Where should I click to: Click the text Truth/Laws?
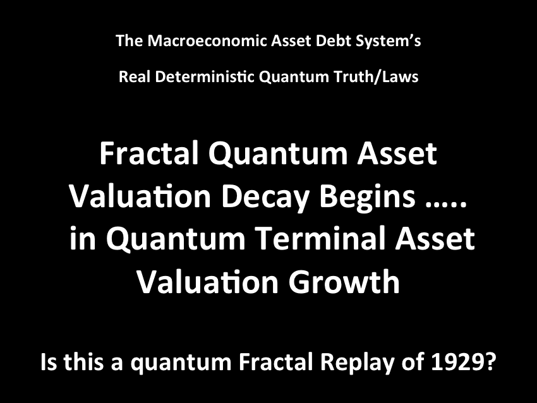(x=376, y=76)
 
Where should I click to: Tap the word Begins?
(x=367, y=197)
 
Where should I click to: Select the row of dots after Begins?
(x=446, y=204)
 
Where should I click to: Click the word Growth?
(x=344, y=282)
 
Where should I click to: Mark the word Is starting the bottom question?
(x=49, y=362)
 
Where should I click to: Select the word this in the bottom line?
(x=83, y=362)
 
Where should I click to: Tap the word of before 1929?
(x=413, y=362)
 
